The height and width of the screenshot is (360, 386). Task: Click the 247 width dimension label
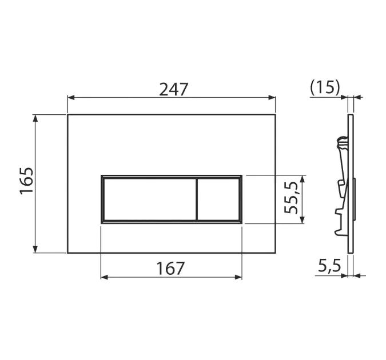(x=173, y=89)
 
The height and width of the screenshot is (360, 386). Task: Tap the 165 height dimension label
(x=26, y=181)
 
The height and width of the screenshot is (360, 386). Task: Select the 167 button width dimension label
(x=170, y=269)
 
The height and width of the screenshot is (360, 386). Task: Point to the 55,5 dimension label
(x=291, y=198)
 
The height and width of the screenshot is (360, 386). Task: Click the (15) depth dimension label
(x=325, y=87)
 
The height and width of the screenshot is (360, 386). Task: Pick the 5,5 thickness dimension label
(x=329, y=266)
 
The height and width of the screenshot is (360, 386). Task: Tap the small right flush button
(x=218, y=199)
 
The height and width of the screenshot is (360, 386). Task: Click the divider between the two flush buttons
(x=197, y=199)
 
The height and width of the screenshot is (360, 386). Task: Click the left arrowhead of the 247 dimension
(x=71, y=98)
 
